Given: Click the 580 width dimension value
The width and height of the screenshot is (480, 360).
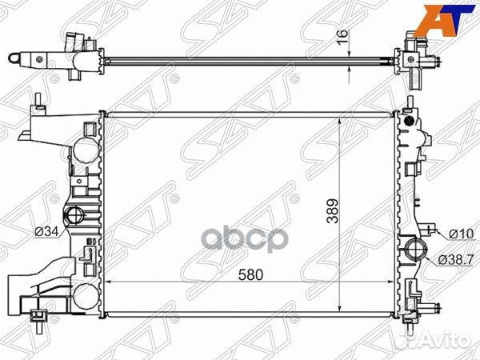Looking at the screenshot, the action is (250, 275).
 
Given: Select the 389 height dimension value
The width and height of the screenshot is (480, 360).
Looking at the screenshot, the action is (333, 211).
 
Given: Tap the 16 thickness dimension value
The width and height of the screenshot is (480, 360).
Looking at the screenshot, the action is (343, 37).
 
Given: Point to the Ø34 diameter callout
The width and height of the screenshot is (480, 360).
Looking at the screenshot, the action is (46, 232).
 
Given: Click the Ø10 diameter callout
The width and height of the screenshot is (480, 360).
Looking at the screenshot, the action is (461, 234).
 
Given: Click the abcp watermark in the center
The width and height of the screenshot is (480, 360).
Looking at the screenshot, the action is (244, 239).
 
